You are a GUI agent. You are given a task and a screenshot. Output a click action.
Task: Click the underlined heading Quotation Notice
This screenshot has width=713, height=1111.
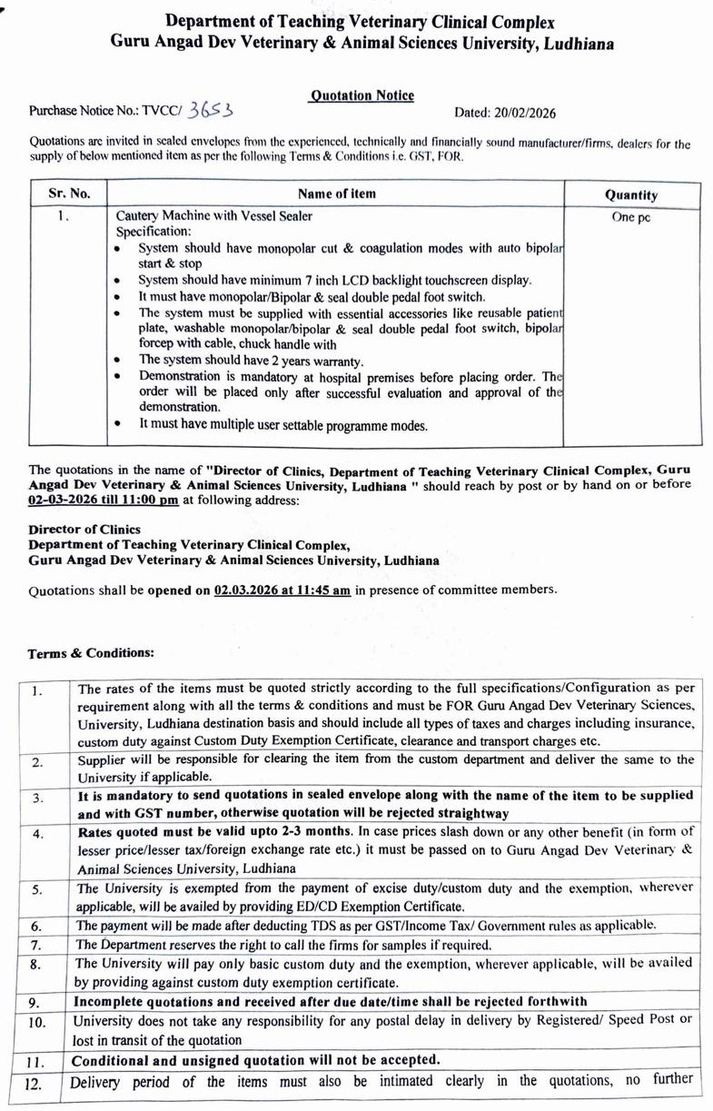[361, 95]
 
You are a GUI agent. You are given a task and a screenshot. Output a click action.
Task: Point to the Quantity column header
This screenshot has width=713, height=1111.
[631, 194]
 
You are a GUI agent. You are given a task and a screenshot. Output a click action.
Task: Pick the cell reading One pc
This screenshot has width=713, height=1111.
[631, 217]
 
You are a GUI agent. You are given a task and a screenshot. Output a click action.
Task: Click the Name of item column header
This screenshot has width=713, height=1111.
[336, 193]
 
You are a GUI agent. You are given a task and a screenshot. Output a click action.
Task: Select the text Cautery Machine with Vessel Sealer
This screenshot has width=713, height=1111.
[214, 216]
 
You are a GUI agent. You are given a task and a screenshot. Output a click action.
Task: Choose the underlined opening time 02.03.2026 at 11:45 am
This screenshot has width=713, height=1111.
[282, 590]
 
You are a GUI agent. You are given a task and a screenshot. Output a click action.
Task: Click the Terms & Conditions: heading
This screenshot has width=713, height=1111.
[91, 653]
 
